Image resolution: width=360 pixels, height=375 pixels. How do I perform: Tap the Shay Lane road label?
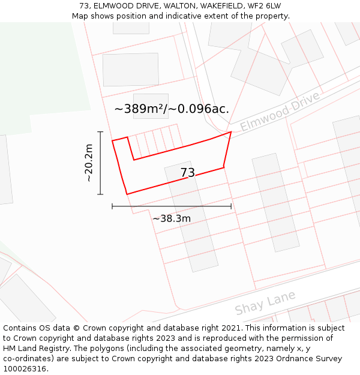265,303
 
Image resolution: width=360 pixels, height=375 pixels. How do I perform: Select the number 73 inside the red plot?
188,173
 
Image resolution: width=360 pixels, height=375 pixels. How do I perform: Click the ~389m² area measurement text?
172,109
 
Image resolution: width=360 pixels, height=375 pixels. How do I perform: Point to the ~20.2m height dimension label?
89,163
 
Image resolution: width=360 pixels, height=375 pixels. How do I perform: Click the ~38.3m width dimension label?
172,218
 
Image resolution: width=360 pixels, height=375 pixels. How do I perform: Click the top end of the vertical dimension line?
100,132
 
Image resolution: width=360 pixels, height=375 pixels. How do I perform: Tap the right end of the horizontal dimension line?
231,206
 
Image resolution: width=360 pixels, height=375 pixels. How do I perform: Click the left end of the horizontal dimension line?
112,206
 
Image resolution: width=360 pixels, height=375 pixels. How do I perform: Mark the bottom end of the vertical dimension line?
100,194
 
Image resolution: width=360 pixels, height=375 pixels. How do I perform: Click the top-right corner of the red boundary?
231,132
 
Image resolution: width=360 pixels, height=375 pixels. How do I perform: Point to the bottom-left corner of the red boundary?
127,194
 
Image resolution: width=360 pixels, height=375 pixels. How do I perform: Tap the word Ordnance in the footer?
282,358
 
